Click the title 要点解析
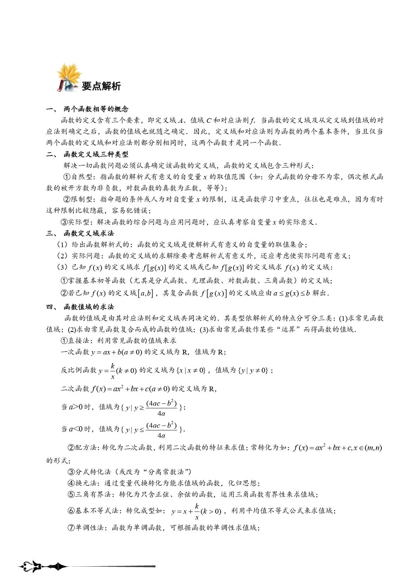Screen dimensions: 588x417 coord(101,86)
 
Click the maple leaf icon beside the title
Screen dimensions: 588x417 coord(69,78)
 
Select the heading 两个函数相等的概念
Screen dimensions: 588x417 coord(96,109)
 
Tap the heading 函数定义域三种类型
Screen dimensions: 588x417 coord(96,154)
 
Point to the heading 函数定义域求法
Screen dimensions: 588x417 coord(89,233)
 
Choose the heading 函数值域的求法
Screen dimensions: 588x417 coord(89,307)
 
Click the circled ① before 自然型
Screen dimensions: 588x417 coord(67,177)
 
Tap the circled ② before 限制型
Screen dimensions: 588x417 coord(67,199)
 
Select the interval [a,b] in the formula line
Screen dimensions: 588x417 coord(145,293)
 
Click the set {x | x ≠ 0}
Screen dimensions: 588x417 coord(191,370)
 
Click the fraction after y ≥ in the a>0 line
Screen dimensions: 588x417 coord(161,408)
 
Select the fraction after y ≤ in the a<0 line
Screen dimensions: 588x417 coord(161,430)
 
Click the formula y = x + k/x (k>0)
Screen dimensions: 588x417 coord(196,511)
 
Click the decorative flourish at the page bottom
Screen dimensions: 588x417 coord(43,567)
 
